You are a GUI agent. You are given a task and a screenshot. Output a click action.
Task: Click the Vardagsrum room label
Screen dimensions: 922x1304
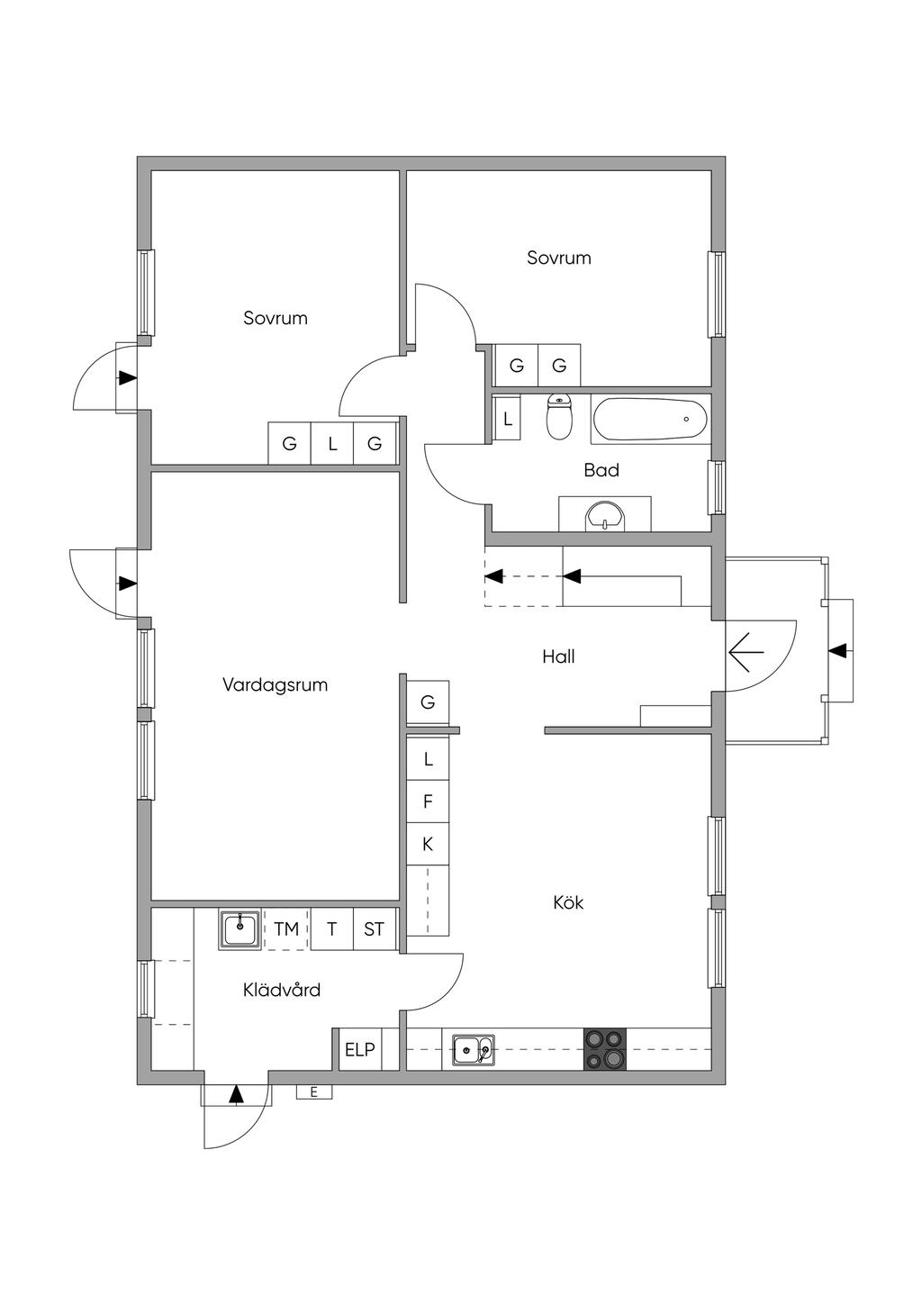[x=275, y=684]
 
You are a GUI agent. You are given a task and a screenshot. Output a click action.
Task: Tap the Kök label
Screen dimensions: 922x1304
[x=568, y=903]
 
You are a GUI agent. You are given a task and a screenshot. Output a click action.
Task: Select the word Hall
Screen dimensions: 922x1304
[x=558, y=657]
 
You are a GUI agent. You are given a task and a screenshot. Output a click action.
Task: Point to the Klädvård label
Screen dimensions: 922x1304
[x=282, y=990]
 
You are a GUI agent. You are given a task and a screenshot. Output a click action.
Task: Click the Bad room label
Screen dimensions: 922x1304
[x=601, y=470]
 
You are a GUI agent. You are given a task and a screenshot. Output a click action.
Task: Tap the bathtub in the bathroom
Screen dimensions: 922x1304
[x=651, y=419]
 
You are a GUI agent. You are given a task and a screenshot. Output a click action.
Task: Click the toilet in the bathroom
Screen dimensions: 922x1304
[x=560, y=417]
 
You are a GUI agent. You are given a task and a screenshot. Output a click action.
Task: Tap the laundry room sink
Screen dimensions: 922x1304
[x=240, y=929]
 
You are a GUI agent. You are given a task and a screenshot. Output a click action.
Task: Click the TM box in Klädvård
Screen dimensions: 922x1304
[x=285, y=929]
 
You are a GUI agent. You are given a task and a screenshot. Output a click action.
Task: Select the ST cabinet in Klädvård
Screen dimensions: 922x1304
[x=375, y=929]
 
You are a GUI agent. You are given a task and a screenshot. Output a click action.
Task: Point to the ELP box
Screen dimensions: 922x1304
[x=360, y=1050]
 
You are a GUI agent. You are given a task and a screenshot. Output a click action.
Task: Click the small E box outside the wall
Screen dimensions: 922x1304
[x=313, y=1092]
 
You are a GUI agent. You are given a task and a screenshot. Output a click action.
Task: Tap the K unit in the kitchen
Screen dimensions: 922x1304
[x=428, y=844]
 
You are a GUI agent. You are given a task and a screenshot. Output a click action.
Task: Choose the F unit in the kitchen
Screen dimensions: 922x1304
[x=428, y=801]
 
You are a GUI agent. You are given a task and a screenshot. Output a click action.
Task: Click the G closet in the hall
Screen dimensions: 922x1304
[x=428, y=702]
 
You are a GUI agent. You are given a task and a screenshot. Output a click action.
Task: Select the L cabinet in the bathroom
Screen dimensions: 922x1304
[x=507, y=418]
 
